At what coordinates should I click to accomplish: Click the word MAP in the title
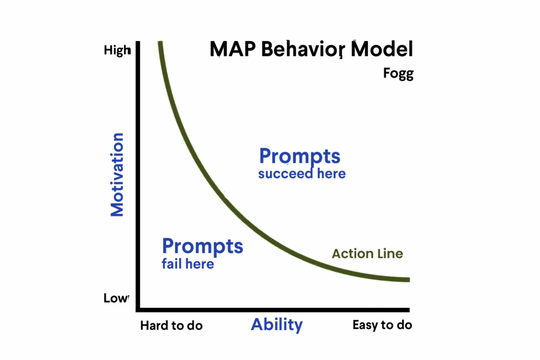pos(233,49)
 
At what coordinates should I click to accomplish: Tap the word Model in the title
pos(382,49)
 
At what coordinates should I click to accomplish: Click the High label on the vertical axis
pos(118,51)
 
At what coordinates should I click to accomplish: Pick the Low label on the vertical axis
pos(116,298)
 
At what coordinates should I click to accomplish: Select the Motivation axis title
pos(117,174)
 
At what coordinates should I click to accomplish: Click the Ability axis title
pos(277,325)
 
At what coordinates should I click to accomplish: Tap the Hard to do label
pos(171,326)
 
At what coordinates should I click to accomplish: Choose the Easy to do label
pos(382,325)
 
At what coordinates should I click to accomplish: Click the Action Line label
pos(368,254)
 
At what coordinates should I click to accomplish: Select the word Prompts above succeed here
pos(300,157)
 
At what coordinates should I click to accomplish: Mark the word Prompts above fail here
pos(202,247)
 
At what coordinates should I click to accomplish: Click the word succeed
pos(285,174)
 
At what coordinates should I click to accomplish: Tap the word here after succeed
pos(331,174)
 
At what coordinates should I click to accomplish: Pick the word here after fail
pos(200,264)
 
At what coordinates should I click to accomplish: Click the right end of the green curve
pos(409,280)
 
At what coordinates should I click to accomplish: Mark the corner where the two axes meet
pos(138,310)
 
